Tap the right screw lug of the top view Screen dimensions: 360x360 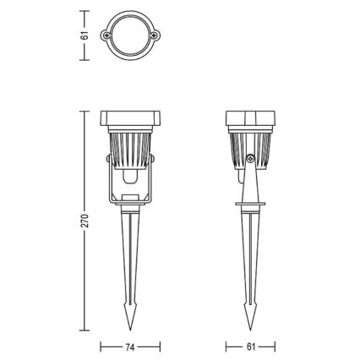pos(155,35)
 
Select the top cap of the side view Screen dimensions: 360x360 pos(250,117)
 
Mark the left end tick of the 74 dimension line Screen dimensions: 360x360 pos(101,346)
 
